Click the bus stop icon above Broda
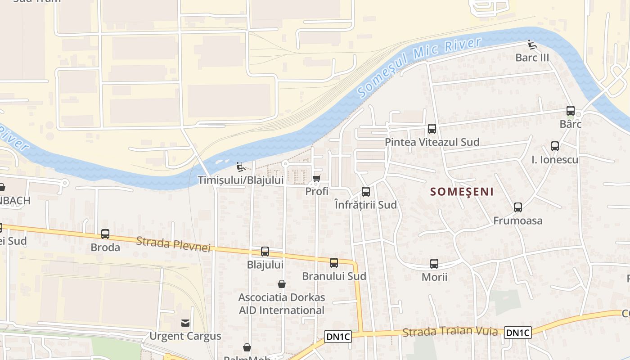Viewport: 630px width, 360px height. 105,234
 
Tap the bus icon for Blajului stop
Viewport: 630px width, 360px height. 265,252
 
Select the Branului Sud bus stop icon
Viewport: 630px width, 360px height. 334,263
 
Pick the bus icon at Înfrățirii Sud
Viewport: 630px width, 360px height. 366,192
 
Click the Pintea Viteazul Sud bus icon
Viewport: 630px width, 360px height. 432,129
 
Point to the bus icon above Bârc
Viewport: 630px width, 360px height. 571,111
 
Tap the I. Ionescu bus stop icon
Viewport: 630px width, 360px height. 555,146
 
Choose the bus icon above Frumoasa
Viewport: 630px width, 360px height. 518,207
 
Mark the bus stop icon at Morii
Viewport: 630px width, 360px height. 434,264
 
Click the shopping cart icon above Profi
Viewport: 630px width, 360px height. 317,178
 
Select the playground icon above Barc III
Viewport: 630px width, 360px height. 532,44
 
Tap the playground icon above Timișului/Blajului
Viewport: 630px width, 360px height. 241,167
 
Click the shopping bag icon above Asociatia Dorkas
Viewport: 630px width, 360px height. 282,284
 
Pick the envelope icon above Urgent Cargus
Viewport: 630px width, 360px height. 185,323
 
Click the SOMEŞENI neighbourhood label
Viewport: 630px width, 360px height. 462,192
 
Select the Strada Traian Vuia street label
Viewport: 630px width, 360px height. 450,332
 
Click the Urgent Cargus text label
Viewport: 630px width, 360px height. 185,336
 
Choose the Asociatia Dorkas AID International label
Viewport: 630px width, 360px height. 282,304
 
